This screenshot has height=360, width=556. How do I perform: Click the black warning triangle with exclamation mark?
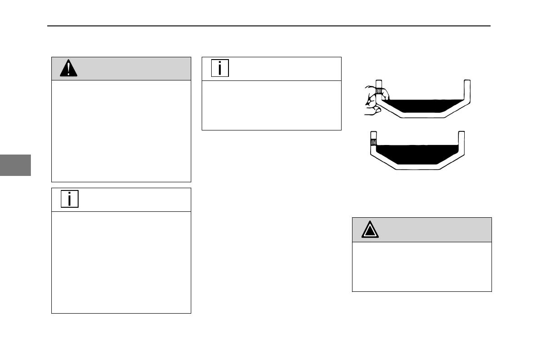tap(69, 69)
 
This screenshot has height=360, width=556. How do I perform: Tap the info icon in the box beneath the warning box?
tap(69, 199)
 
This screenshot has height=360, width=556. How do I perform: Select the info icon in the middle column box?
tap(220, 68)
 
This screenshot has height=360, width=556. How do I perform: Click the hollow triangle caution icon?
tap(370, 230)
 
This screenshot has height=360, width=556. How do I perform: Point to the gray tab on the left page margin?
tap(15, 165)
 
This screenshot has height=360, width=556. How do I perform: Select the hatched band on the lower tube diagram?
tap(373, 142)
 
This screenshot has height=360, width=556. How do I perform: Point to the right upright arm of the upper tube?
tap(467, 91)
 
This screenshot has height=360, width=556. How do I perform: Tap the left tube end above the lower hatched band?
tap(373, 135)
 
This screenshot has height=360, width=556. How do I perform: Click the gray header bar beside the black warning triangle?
tap(132, 69)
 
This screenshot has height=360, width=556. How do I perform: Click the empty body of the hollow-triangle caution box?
tap(422, 266)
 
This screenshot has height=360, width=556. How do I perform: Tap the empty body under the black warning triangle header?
tap(121, 131)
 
